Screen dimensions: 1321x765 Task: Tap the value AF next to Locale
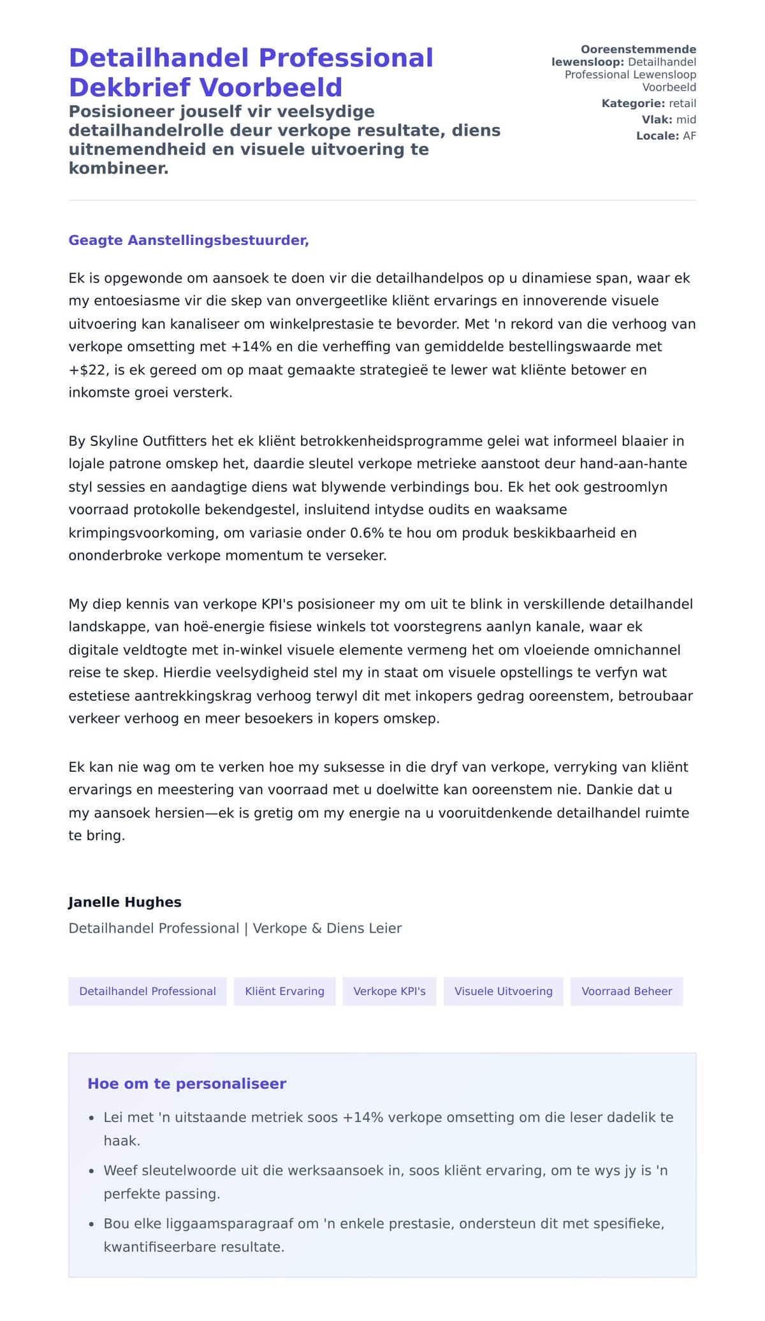point(689,136)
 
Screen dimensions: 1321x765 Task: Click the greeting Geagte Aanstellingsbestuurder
point(189,240)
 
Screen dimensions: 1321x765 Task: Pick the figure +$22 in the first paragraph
point(87,370)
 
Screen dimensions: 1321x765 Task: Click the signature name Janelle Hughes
point(125,902)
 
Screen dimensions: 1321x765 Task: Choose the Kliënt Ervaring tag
point(284,991)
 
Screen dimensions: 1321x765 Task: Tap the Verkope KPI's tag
point(390,991)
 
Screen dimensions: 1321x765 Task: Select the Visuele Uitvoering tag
point(503,991)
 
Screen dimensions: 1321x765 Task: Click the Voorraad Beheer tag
point(627,991)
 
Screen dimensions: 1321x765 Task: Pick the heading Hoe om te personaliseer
point(187,1084)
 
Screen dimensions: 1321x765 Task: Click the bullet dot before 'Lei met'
point(91,1118)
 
